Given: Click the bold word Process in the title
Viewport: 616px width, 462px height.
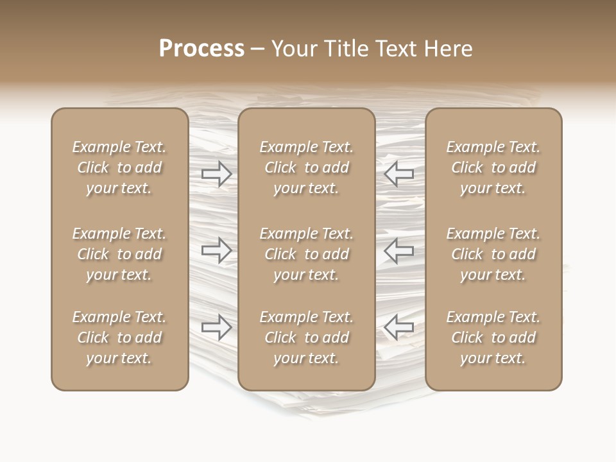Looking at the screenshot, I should (x=201, y=49).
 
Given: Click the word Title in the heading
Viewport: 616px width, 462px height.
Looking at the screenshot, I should (x=345, y=49).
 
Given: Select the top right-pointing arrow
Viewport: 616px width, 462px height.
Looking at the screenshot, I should (x=216, y=173).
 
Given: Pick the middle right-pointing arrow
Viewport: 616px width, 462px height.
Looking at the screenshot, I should (x=216, y=250).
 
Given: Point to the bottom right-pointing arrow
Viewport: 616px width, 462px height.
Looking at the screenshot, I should (x=216, y=327).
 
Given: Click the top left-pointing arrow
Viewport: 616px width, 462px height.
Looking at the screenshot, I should (x=398, y=173).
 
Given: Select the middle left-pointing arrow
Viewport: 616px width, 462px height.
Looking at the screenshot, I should (x=398, y=250).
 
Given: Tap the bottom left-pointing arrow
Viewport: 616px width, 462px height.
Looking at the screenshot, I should (x=398, y=327).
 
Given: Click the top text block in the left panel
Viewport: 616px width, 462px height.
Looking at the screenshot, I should (x=119, y=167).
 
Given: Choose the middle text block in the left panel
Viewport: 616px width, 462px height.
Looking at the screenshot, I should (x=119, y=254).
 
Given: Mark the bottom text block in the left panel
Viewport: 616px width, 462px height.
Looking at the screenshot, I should (x=119, y=338).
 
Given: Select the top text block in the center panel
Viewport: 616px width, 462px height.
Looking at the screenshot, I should (x=307, y=167).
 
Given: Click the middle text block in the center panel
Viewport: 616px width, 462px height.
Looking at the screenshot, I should (x=307, y=254).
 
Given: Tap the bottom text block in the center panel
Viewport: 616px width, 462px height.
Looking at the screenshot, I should (x=307, y=338).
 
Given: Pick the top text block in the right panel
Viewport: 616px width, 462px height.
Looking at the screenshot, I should (x=493, y=167).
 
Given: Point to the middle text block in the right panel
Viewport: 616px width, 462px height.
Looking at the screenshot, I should (x=493, y=254).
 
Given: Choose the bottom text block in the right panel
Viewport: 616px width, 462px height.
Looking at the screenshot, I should (x=493, y=338).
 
